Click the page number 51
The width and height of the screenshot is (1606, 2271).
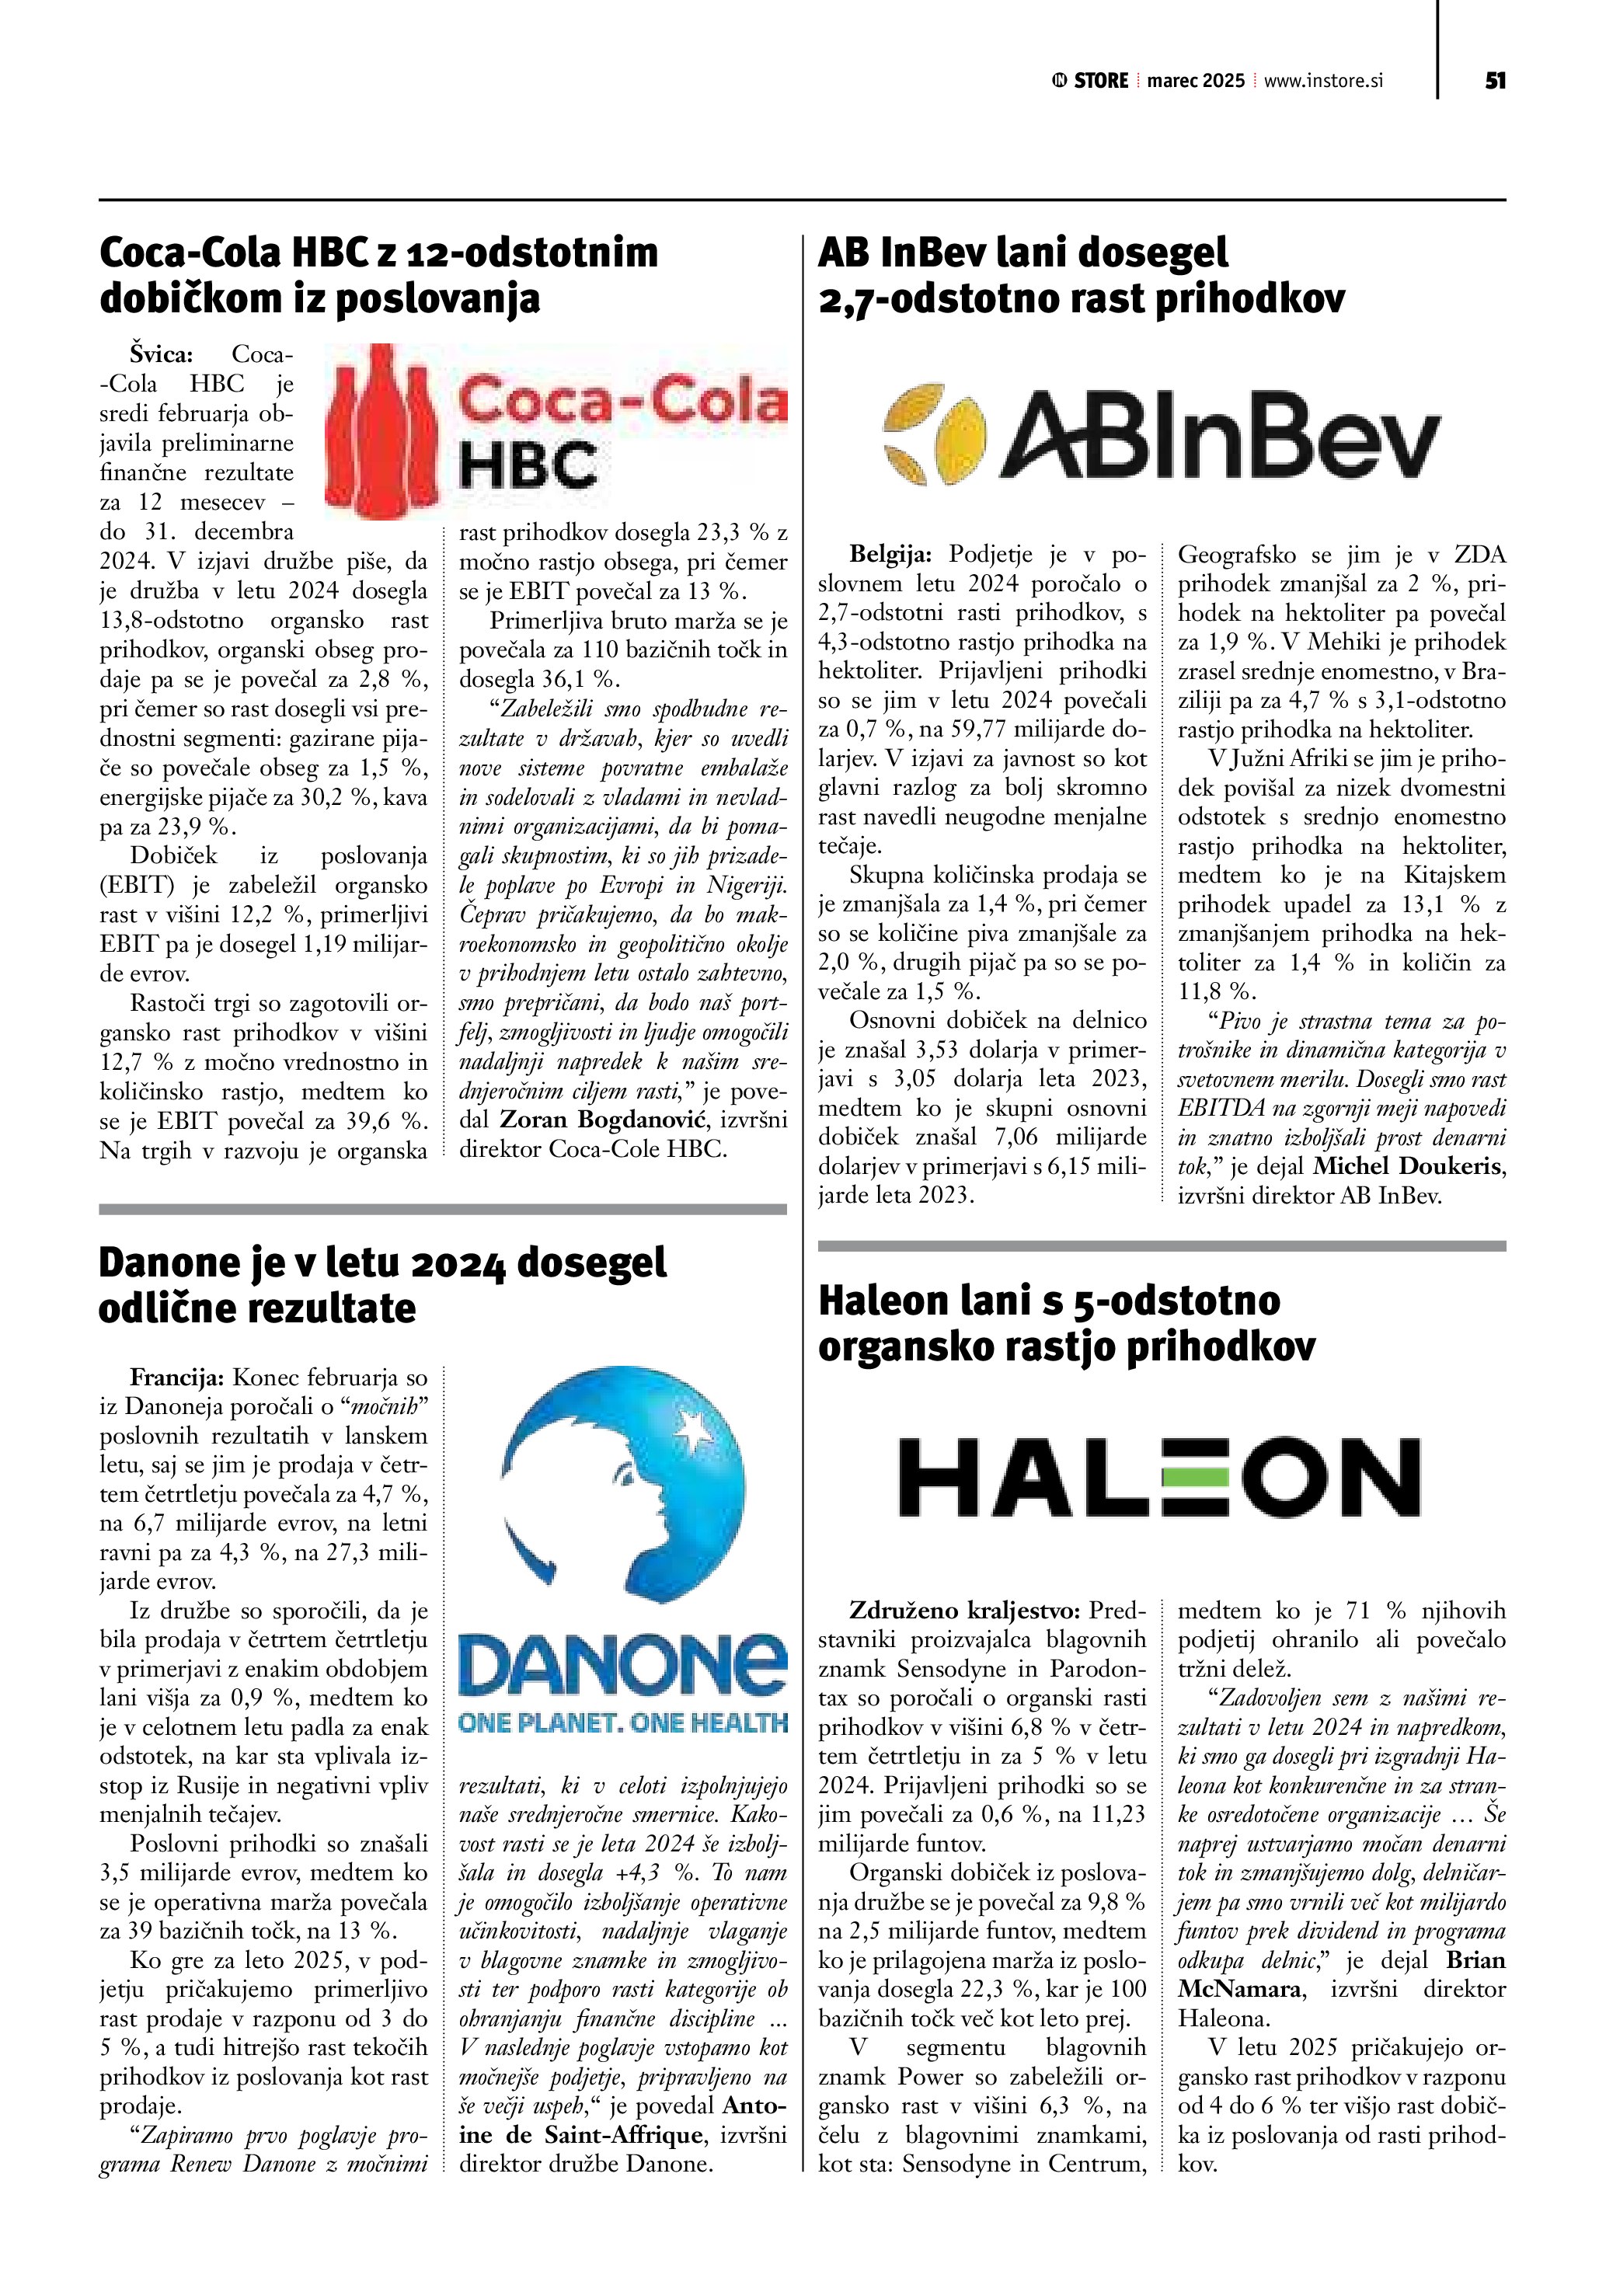click(x=1494, y=81)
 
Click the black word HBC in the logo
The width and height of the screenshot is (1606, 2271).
click(x=528, y=465)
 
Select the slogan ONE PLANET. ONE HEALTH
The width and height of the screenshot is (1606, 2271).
click(x=623, y=1722)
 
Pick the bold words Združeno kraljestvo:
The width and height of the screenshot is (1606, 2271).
click(x=965, y=1611)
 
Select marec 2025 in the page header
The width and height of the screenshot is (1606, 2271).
click(x=1196, y=81)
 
